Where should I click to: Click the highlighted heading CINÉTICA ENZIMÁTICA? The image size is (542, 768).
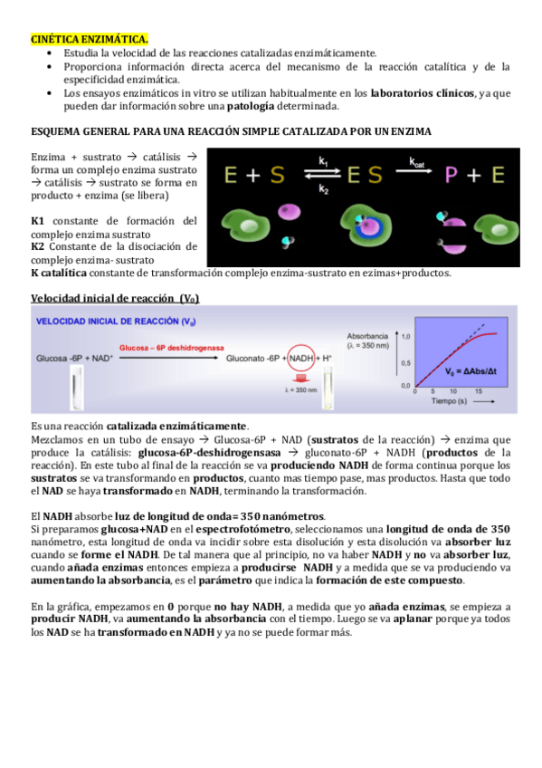(x=90, y=40)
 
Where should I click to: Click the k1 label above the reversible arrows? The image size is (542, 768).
(x=323, y=161)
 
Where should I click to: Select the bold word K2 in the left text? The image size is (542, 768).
(x=38, y=246)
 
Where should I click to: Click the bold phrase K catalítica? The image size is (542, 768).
(x=62, y=274)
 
